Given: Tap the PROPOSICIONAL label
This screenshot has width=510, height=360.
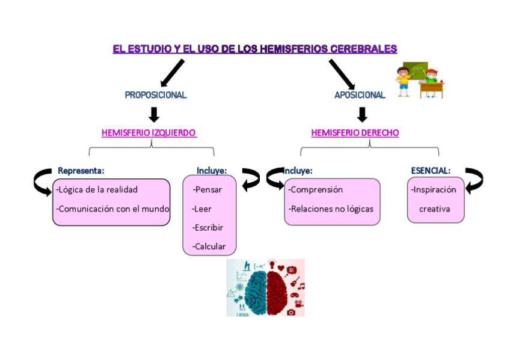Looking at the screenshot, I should tap(156, 95).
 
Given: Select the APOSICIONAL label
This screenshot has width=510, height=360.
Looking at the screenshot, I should tap(360, 95).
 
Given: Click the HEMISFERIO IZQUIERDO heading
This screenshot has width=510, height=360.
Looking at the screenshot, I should tap(149, 133).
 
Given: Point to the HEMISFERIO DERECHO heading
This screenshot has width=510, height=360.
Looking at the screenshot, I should tap(355, 133).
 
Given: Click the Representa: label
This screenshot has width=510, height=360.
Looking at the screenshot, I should tap(81, 171).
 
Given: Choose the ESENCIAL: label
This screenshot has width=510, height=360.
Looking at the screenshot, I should tap(431, 171).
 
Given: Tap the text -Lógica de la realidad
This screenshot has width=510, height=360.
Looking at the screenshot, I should tap(97, 190).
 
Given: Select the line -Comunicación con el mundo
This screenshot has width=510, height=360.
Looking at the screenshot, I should tap(112, 209).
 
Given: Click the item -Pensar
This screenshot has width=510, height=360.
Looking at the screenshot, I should tap(207, 190).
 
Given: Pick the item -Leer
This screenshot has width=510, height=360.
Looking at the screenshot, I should tap(202, 209).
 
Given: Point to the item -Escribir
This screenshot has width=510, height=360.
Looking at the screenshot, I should tap(207, 228).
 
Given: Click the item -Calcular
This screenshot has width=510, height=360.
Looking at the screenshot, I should tap(209, 246).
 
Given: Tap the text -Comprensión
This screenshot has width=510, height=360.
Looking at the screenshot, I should tap(316, 190).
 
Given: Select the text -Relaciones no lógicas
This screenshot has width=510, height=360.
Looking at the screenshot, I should tap(331, 209).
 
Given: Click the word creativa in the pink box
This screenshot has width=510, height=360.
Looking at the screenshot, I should tap(434, 209).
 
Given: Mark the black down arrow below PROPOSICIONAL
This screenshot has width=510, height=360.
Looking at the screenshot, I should tap(154, 114).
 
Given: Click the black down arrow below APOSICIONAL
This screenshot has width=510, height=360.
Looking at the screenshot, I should tap(362, 114).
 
